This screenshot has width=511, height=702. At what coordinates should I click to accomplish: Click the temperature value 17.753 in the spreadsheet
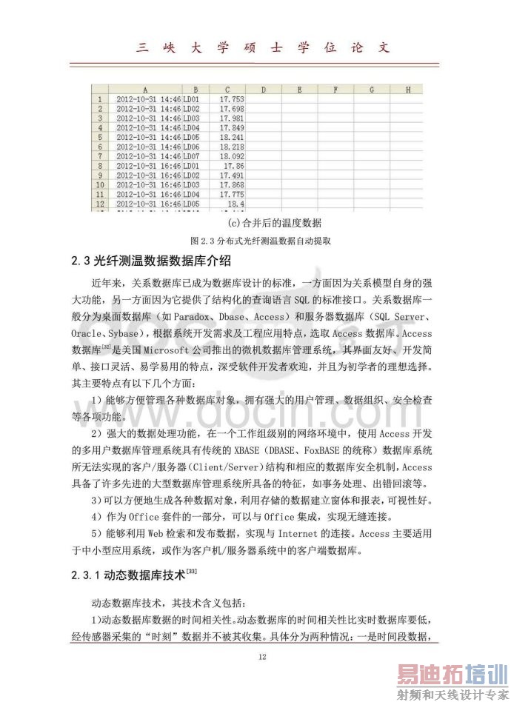232,98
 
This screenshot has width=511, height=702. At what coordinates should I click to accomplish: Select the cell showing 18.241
232,136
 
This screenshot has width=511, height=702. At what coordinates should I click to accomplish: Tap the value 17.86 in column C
235,165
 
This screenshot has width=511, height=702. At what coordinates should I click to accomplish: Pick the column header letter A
145,89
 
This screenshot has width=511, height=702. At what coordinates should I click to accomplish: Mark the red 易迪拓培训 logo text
449,675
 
